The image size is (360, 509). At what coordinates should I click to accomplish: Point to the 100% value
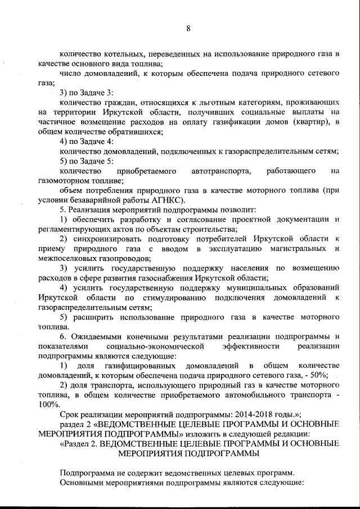coord(49,404)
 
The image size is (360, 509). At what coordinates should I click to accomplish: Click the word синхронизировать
coord(103,238)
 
